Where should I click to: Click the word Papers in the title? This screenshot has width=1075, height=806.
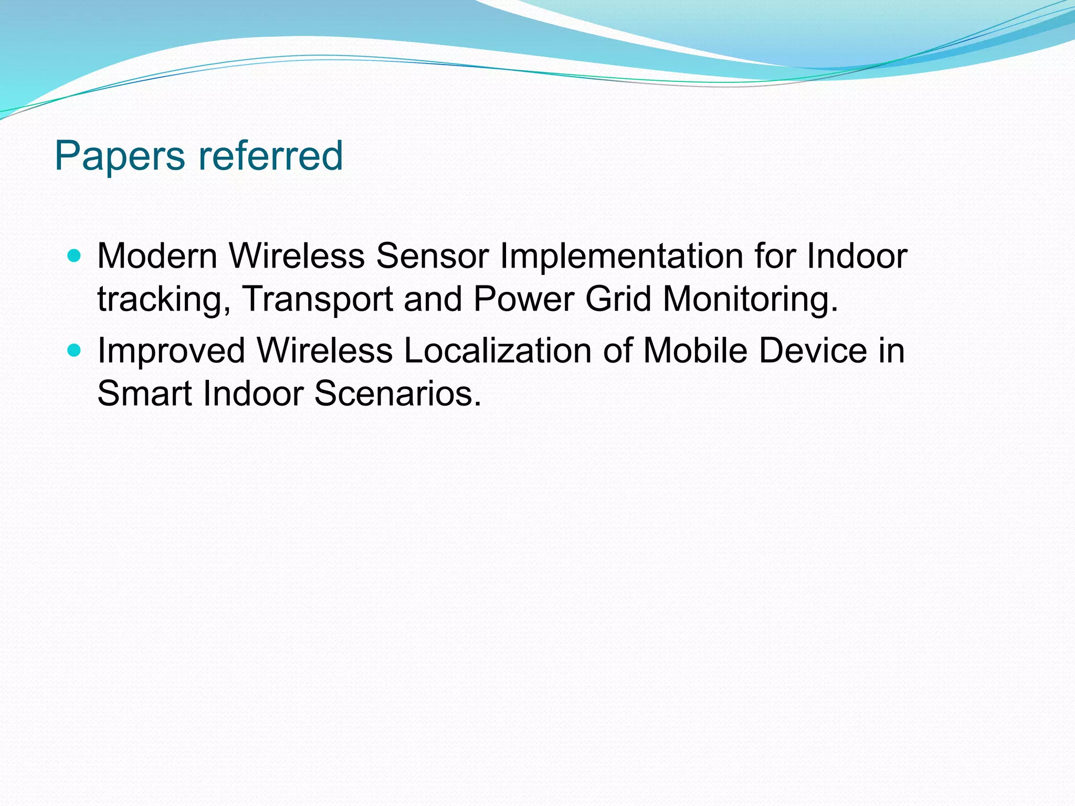(x=120, y=156)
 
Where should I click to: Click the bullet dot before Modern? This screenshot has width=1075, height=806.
(x=75, y=256)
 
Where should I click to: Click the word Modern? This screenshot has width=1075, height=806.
(x=157, y=256)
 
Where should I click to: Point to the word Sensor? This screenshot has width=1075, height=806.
(x=433, y=256)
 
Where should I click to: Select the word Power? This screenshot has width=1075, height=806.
(x=523, y=299)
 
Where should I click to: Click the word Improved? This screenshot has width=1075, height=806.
(x=171, y=352)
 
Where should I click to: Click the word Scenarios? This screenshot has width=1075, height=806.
(x=397, y=394)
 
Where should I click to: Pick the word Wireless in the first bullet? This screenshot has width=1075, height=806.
(x=297, y=256)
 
